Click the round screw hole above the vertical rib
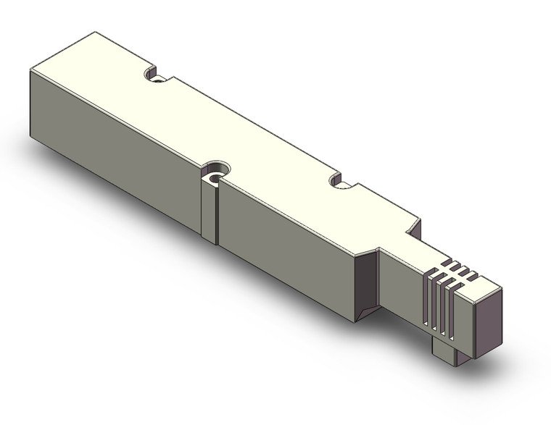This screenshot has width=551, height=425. (215, 175)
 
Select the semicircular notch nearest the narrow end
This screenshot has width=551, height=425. (337, 180)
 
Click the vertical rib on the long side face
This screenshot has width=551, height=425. (209, 210)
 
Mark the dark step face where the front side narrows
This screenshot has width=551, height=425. (368, 282)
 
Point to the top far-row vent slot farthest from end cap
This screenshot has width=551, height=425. (449, 261)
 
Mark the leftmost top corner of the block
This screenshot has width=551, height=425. (30, 70)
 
